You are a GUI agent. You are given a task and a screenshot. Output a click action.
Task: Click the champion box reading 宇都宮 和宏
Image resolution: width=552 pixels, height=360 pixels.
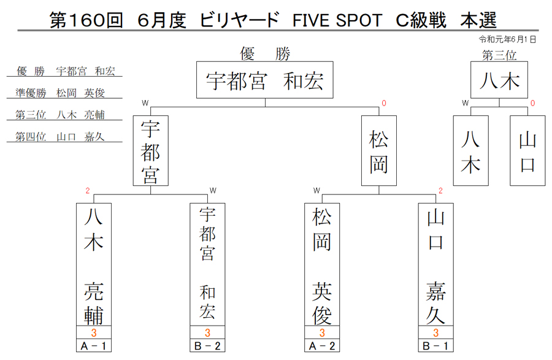pos(265,80)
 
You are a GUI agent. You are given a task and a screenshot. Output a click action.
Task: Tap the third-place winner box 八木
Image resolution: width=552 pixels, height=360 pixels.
pos(499,80)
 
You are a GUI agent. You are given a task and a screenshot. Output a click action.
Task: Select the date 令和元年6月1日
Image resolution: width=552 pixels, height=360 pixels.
pos(507,39)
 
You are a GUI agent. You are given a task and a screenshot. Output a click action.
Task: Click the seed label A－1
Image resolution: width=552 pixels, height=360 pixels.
pos(94,346)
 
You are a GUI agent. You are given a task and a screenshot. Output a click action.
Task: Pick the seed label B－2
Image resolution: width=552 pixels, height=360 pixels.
pos(207,346)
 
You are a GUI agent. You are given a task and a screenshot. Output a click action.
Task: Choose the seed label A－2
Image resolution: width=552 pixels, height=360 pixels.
pos(322,346)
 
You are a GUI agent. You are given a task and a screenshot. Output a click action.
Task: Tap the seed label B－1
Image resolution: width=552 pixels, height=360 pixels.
pos(436,346)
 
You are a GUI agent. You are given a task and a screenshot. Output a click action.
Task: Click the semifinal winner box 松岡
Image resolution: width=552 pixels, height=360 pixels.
pos(379,151)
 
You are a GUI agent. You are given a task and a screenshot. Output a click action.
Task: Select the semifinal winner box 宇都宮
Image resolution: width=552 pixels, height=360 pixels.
pos(151,151)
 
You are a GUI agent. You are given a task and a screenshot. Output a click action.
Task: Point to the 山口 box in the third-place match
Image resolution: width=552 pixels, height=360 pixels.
pos(527,151)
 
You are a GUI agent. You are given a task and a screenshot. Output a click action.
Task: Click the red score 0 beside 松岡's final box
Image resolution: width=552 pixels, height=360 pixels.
pos(384,103)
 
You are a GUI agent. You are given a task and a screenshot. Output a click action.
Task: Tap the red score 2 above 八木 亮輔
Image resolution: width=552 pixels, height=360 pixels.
pos(88,191)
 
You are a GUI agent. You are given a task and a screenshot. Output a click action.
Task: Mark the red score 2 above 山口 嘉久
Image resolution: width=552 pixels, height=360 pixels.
pos(440,191)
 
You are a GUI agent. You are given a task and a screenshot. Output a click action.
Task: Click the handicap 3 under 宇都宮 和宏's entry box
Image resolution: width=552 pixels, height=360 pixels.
pos(207,332)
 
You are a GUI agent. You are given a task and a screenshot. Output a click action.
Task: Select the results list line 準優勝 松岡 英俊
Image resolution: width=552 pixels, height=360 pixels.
pos(60,93)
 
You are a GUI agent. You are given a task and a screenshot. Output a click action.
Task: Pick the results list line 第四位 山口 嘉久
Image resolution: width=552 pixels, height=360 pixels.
pos(60,137)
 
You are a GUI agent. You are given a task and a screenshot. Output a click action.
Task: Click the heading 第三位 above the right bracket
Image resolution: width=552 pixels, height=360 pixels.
pos(499,55)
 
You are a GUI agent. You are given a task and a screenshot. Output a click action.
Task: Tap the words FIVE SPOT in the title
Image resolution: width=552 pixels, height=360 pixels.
pos(337,20)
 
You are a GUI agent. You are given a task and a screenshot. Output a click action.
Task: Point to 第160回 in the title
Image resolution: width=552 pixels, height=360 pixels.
pos(86,20)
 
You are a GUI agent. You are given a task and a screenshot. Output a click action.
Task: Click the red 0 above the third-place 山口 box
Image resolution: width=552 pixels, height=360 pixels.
pos(532,103)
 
